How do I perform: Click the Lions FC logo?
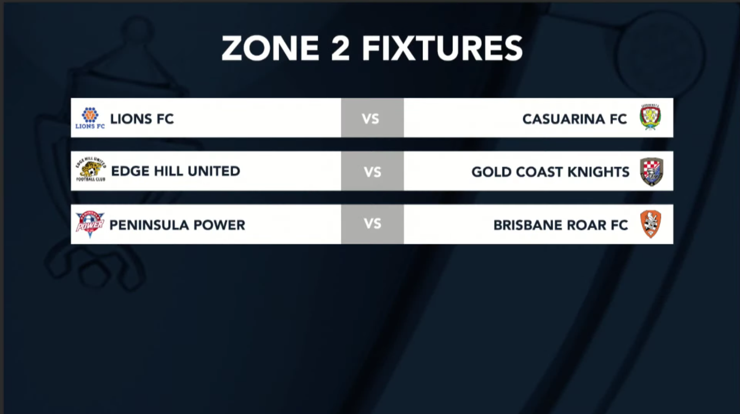point(90,118)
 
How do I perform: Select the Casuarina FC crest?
point(650,117)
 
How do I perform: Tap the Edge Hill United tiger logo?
point(91,170)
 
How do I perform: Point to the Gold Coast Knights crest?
point(651,171)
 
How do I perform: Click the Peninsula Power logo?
point(90,224)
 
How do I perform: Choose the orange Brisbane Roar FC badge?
point(651,224)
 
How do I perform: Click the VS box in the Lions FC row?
point(372,118)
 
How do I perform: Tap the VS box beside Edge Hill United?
point(372,171)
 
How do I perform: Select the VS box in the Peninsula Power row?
point(372,224)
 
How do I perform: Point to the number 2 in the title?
point(340,48)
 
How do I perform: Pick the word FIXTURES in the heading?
point(442,48)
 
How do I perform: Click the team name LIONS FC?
point(142,119)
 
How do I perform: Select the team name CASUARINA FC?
point(574,119)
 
